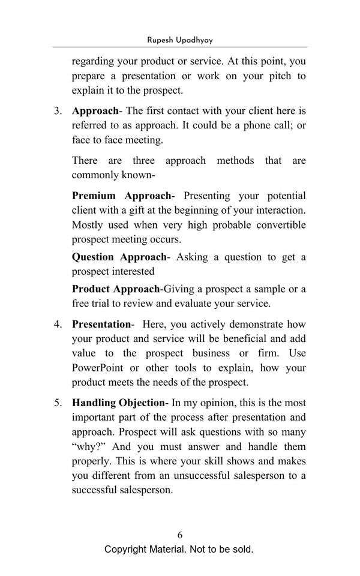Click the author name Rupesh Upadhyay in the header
180,40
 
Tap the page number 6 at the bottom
180,535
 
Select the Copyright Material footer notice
179,550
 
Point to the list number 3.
58,111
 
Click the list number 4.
58,325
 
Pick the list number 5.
58,403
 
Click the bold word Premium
94,196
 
